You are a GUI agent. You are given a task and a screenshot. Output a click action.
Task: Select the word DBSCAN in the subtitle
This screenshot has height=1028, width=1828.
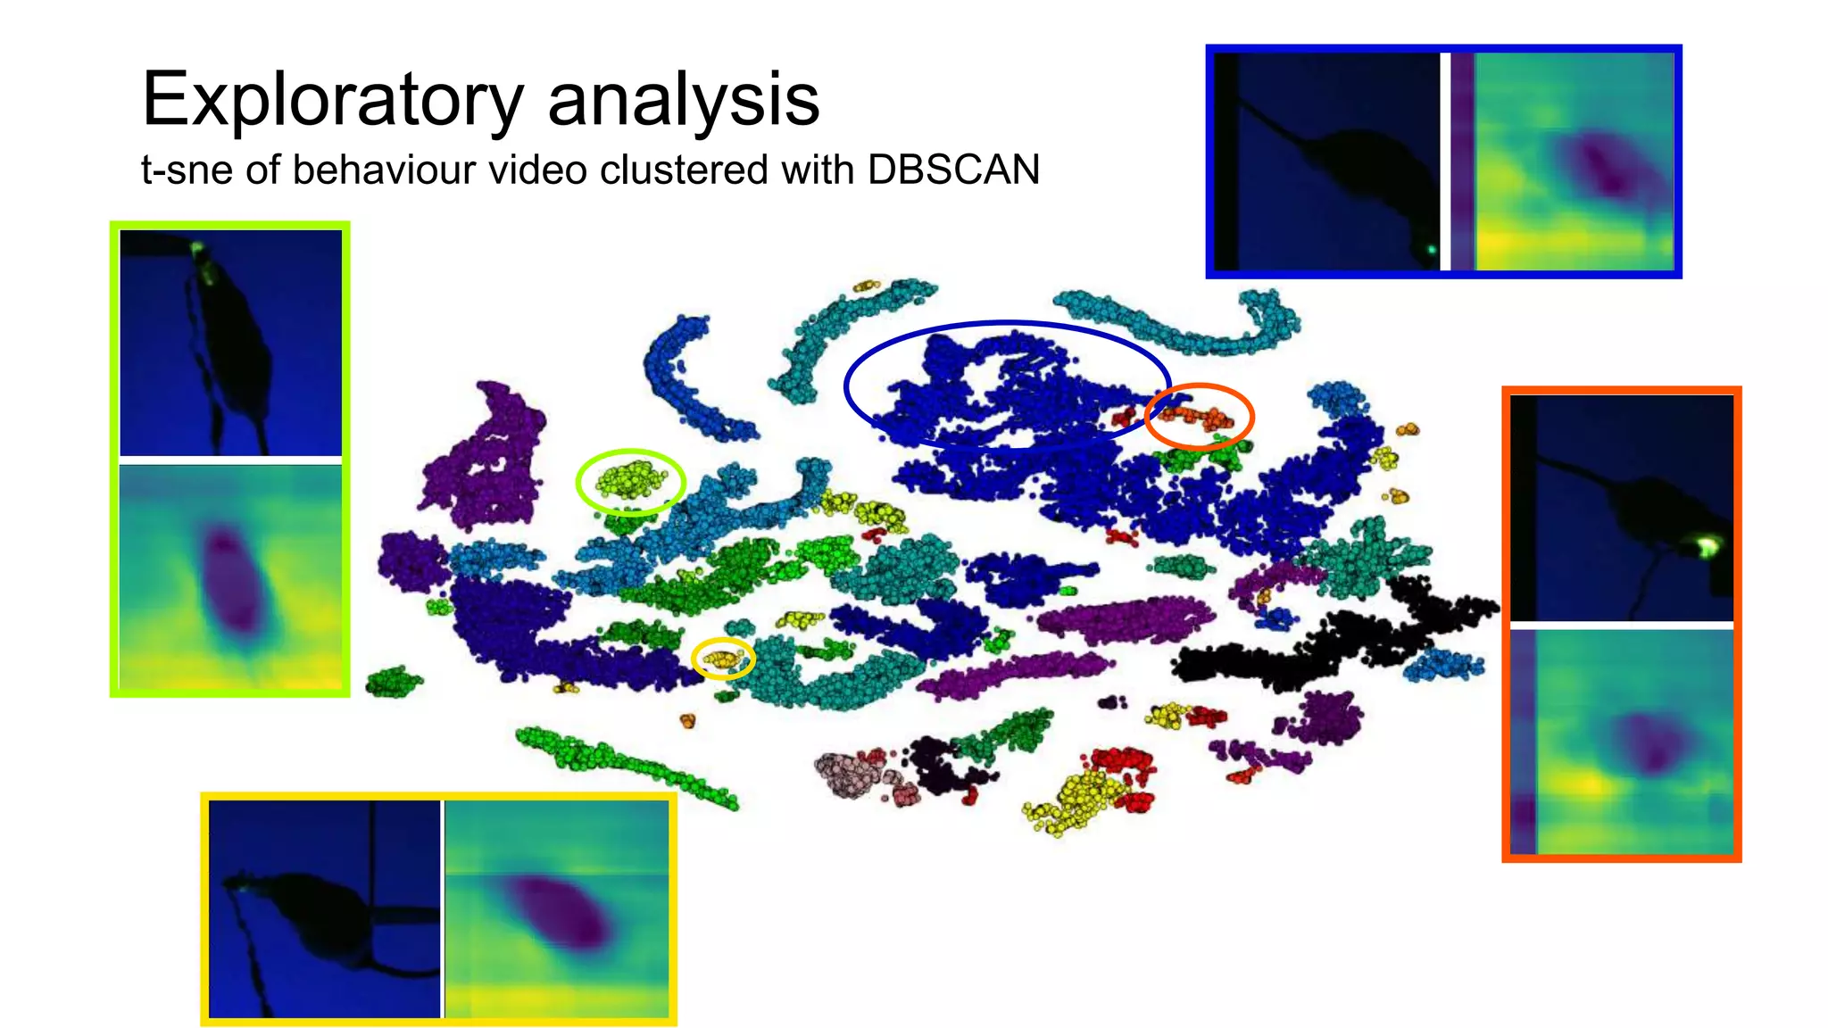pyautogui.click(x=953, y=170)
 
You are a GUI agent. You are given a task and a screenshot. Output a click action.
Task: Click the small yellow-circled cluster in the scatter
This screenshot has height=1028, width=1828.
pyautogui.click(x=722, y=659)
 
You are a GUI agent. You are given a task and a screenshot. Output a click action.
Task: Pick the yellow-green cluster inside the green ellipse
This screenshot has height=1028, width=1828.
pyautogui.click(x=631, y=480)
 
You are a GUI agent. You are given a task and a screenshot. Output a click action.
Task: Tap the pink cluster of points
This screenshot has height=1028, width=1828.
pyautogui.click(x=848, y=771)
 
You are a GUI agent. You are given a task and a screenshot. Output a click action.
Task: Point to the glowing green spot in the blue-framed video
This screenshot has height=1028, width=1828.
pyautogui.click(x=1431, y=251)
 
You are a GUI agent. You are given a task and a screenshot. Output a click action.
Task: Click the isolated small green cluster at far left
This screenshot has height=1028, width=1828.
pyautogui.click(x=393, y=682)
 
